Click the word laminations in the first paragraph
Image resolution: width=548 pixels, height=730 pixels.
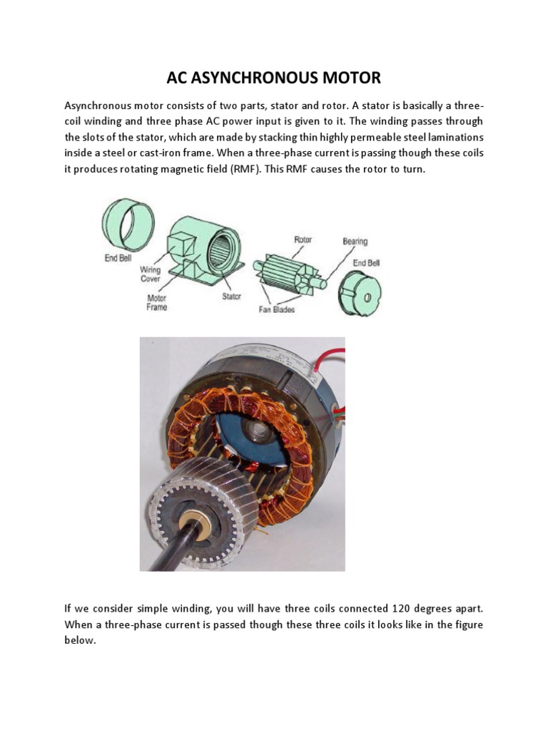pyautogui.click(x=454, y=137)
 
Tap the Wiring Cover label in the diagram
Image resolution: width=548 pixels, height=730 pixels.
pyautogui.click(x=150, y=274)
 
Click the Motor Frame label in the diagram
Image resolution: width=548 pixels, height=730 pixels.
pyautogui.click(x=156, y=303)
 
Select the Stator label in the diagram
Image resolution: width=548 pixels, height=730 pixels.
pyautogui.click(x=231, y=297)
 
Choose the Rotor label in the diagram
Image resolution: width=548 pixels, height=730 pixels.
pyautogui.click(x=303, y=240)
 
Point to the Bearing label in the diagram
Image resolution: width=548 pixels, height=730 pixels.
pyautogui.click(x=355, y=242)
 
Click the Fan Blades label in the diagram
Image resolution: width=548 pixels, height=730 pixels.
pyautogui.click(x=277, y=309)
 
